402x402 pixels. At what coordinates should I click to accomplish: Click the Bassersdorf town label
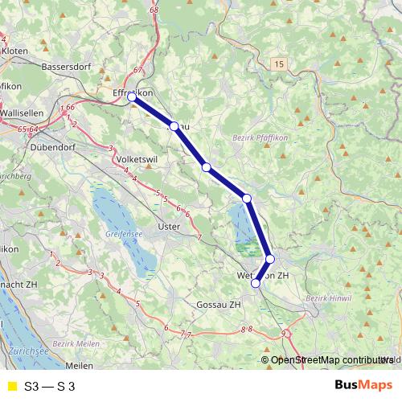click(x=68, y=67)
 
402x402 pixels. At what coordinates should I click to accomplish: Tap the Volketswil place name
click(x=135, y=159)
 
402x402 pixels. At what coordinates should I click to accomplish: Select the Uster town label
click(x=169, y=227)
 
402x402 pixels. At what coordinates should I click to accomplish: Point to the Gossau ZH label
click(x=218, y=305)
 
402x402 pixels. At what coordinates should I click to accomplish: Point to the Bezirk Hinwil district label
click(x=329, y=299)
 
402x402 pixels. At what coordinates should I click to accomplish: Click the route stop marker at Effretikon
click(x=132, y=96)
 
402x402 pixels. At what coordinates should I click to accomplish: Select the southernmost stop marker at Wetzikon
click(x=256, y=283)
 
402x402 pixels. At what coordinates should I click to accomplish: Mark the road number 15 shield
click(x=279, y=63)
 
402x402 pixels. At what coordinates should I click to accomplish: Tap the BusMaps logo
click(x=363, y=385)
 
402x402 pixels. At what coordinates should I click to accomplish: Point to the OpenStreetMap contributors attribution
click(x=331, y=360)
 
